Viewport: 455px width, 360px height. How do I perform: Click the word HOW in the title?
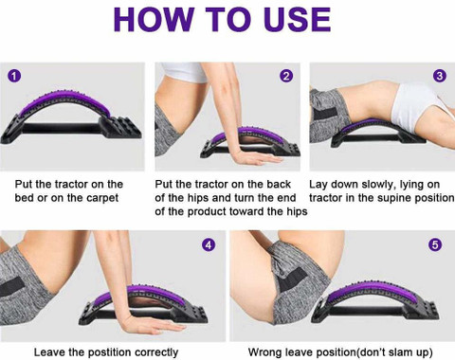[154, 19]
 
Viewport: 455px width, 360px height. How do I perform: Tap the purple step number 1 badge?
[14, 76]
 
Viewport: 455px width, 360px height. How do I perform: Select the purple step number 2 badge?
[286, 76]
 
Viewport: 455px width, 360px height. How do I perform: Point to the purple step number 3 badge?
[440, 76]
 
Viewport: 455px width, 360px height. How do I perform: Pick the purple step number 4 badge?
[209, 244]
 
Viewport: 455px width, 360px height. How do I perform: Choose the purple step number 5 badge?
[435, 244]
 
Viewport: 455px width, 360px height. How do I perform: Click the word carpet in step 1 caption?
[102, 199]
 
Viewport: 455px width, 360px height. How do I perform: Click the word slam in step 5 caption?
[402, 352]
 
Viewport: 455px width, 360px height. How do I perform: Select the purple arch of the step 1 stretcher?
[64, 102]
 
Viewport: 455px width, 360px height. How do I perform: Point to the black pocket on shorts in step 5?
[292, 278]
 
